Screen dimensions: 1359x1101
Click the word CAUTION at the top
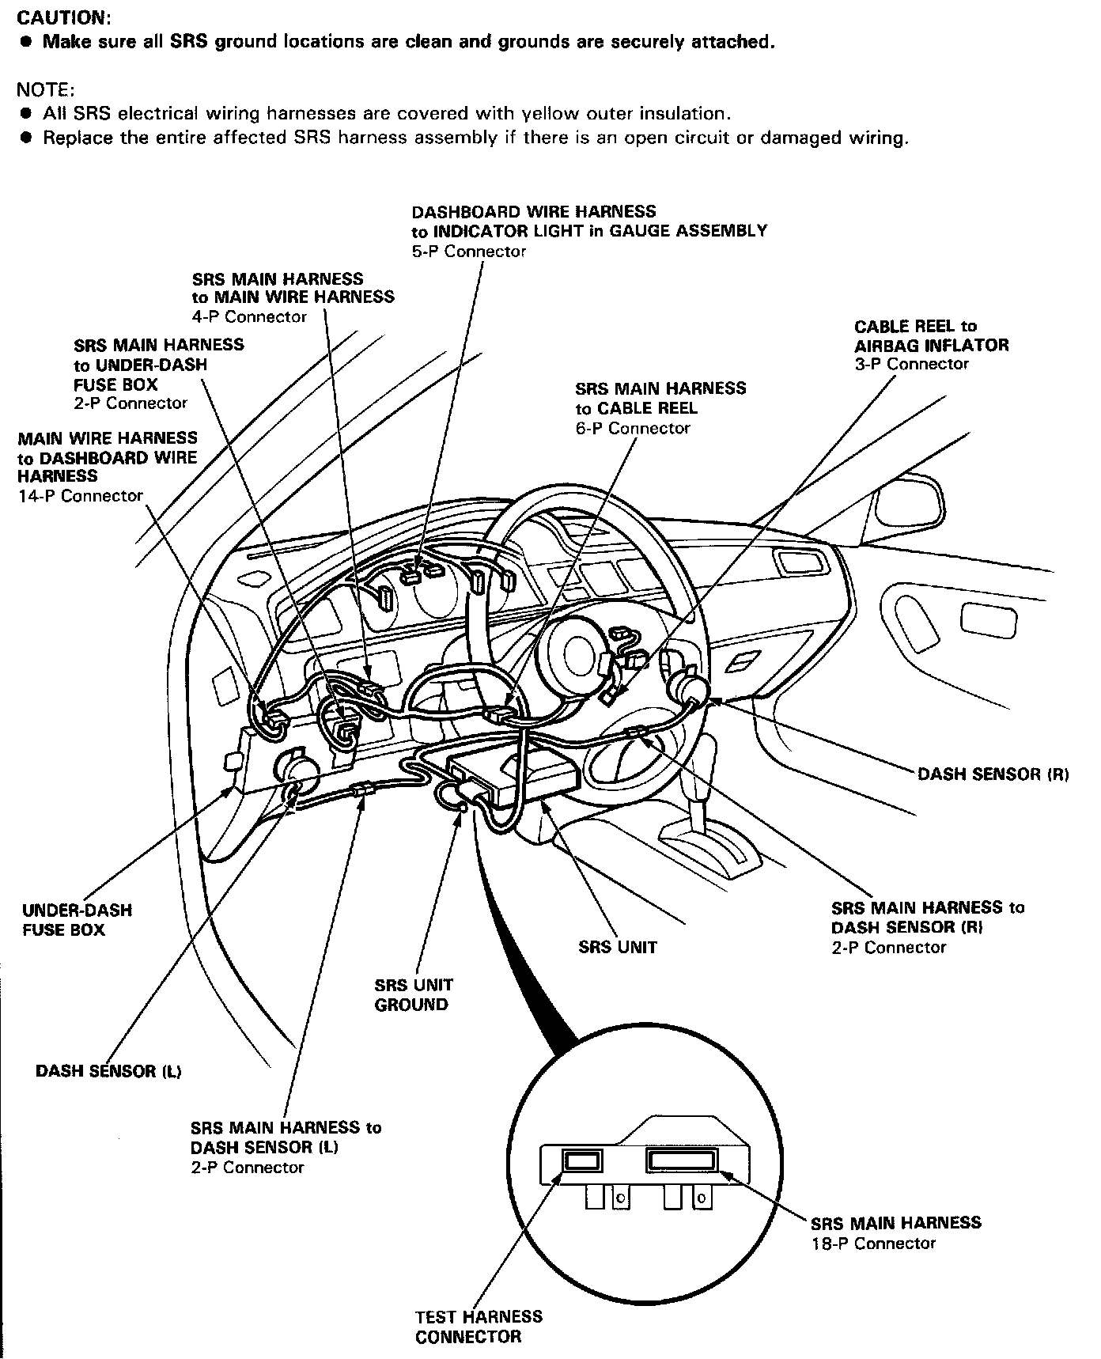click(x=63, y=16)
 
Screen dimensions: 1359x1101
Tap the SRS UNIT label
click(x=617, y=947)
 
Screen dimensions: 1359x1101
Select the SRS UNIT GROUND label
click(x=413, y=994)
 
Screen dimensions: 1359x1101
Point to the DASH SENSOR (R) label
click(x=993, y=774)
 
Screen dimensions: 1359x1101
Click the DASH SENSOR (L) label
click(x=108, y=1071)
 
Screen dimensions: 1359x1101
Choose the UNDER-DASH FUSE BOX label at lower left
click(x=77, y=920)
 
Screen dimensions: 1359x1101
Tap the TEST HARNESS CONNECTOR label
click(x=479, y=1327)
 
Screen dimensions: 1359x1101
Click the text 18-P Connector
click(x=872, y=1243)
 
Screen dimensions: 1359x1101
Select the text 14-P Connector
click(x=81, y=496)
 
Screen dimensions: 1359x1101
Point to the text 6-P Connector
click(x=633, y=428)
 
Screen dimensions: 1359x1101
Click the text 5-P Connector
click(x=468, y=252)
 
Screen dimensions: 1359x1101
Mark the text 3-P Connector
click(x=911, y=364)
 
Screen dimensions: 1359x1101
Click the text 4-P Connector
click(x=249, y=316)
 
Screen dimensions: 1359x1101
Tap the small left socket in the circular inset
click(x=582, y=1161)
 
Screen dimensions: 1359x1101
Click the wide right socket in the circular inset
click(x=682, y=1160)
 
